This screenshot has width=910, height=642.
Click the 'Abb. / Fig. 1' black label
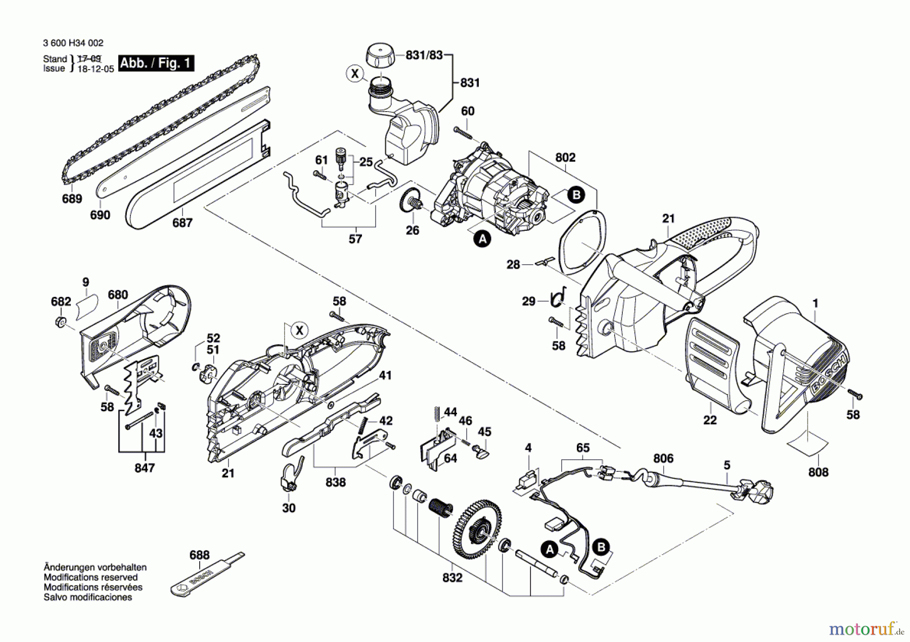(156, 63)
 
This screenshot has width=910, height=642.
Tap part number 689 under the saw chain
(72, 199)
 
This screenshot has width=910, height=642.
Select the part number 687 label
(182, 223)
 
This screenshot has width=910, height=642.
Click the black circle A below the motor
(483, 239)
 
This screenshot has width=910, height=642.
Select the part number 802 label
(565, 158)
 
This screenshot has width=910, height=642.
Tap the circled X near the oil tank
(355, 74)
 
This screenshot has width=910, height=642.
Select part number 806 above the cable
(663, 459)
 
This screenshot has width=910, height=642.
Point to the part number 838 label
(336, 482)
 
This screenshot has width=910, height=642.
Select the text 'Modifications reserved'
(90, 577)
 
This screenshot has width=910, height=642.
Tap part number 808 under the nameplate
(818, 472)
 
